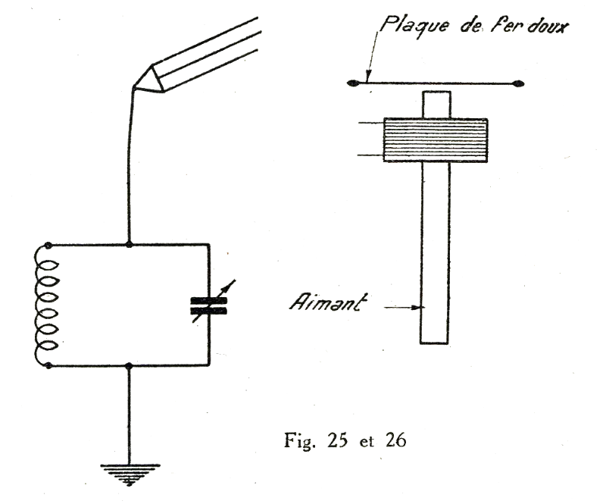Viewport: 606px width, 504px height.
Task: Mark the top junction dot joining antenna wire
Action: pos(130,244)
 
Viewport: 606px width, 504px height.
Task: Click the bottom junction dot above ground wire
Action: pos(130,366)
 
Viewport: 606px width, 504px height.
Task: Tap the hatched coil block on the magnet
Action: pos(436,139)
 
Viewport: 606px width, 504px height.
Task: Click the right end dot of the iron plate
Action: pos(517,83)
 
